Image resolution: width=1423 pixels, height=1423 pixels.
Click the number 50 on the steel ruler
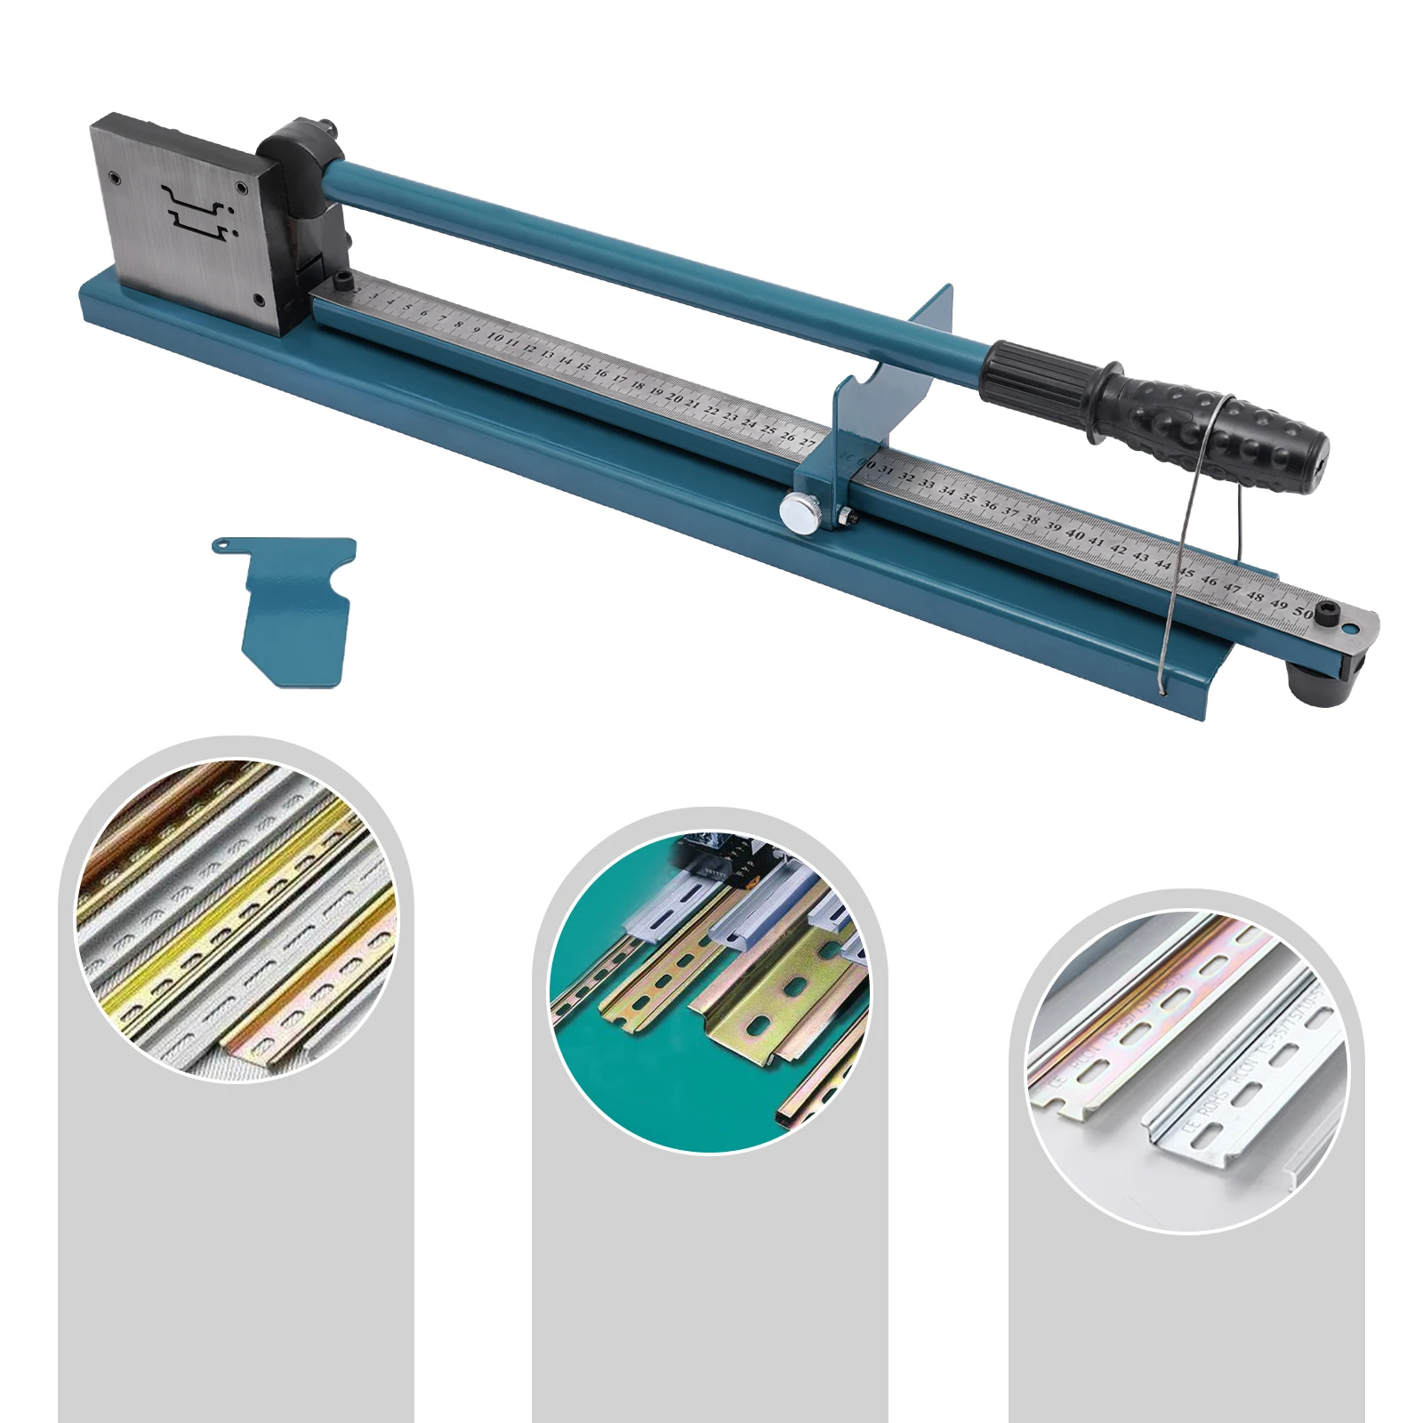coord(1303,613)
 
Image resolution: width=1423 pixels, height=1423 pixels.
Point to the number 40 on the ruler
coord(1074,535)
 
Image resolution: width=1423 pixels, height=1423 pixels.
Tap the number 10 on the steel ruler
coord(495,338)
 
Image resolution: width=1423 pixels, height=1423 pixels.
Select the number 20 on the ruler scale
coord(675,398)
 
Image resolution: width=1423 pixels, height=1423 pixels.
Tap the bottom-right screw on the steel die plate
coord(258,301)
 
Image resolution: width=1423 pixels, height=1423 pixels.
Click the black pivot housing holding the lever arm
coord(298,169)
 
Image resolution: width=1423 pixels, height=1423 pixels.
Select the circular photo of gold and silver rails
coord(236,921)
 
